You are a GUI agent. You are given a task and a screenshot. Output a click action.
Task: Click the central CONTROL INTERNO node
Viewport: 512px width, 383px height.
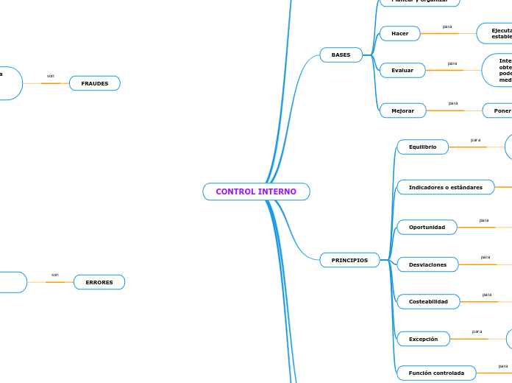256,191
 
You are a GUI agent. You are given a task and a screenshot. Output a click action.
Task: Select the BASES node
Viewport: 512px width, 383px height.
341,55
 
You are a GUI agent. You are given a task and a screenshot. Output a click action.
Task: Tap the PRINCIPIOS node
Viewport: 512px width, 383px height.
349,260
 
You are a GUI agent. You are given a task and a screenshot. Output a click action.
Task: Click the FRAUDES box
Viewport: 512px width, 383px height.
94,83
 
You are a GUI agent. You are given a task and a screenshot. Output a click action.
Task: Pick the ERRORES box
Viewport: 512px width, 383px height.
99,282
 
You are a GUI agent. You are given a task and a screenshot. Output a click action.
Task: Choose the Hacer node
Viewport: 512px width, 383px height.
399,34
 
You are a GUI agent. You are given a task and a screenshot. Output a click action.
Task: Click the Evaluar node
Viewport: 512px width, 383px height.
402,70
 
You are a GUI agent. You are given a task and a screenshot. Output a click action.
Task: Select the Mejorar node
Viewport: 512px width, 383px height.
402,110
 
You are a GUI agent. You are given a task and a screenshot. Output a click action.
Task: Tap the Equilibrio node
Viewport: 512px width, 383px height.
422,147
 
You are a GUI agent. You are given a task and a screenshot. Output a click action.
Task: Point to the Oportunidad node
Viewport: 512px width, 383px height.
427,227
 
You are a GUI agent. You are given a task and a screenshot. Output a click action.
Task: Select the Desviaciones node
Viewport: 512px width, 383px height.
427,264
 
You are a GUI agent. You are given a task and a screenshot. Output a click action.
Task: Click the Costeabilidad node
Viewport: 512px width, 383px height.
428,301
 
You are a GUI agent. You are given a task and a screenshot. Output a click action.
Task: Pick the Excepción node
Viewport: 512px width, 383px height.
423,339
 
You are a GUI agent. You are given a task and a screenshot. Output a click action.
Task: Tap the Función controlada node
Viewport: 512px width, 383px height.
436,373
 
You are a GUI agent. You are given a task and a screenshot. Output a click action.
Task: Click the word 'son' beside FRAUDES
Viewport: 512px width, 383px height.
51,76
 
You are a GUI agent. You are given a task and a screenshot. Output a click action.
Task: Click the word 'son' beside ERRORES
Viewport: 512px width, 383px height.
55,275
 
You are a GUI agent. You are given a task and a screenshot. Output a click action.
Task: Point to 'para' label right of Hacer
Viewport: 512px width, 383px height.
447,27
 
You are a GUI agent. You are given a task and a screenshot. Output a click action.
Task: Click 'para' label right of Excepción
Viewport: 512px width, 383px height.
477,331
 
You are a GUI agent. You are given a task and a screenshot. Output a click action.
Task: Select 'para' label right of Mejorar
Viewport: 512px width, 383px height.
453,103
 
